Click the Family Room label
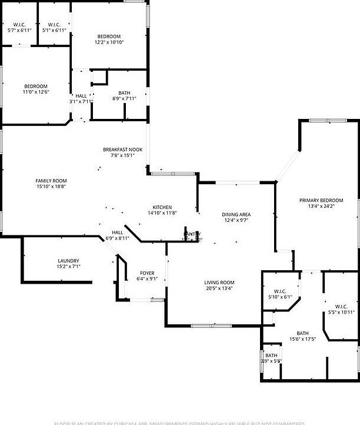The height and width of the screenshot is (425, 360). pos(51,181)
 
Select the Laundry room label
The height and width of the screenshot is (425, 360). pos(68,261)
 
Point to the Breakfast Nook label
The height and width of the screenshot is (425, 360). pos(123,150)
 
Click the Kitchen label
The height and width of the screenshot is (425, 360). pos(162,207)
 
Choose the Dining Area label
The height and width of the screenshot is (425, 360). pos(236,214)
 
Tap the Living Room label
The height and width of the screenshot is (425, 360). pos(219,283)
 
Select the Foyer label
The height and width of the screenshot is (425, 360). pos(146,273)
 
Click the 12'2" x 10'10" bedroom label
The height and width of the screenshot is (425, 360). pos(109,36)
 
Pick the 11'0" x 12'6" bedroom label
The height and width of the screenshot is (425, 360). pos(36,87)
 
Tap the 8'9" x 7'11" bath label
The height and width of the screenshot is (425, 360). pos(124,93)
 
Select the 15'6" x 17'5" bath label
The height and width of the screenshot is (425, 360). pos(303,333)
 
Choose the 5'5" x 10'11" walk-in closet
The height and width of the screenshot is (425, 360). pos(341,307)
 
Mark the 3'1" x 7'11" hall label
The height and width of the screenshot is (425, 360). pos(81,96)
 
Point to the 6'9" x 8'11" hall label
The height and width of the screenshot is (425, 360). pos(117,233)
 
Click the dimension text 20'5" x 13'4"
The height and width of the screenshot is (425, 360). pos(219,288)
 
